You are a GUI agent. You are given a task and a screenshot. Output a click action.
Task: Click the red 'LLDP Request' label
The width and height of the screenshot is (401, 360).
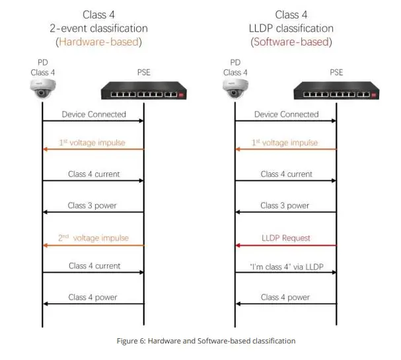click(x=286, y=237)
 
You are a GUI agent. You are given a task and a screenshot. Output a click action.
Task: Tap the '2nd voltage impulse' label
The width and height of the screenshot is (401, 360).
click(x=94, y=237)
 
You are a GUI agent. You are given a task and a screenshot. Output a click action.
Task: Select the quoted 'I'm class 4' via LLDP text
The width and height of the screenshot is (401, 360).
click(x=286, y=266)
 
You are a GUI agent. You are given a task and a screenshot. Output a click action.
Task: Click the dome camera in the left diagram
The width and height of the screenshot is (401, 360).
click(x=42, y=88)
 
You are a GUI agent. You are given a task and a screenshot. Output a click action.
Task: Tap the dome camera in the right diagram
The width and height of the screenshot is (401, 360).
click(x=235, y=88)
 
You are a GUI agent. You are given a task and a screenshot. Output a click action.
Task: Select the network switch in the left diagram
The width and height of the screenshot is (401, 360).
click(x=144, y=90)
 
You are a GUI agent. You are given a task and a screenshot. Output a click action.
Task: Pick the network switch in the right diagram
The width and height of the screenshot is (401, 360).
click(x=337, y=90)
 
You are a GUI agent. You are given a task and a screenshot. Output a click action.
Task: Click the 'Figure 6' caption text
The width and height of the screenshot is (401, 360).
click(x=200, y=341)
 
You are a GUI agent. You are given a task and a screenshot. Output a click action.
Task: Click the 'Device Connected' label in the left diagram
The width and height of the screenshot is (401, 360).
click(x=94, y=114)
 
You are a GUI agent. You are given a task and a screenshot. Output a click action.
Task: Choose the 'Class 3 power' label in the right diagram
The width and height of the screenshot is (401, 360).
click(x=286, y=205)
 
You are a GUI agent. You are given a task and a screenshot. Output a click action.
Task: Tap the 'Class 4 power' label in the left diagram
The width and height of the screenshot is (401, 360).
click(x=93, y=297)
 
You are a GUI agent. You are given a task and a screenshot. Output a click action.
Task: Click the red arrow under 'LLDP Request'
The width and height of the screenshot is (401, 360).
click(x=286, y=246)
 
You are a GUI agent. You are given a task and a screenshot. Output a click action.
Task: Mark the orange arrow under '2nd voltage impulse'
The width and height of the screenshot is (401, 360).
click(x=93, y=246)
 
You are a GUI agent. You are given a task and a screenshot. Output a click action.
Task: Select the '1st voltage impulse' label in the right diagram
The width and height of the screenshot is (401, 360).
click(x=286, y=143)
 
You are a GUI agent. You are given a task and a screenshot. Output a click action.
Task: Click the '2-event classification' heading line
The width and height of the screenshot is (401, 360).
click(x=98, y=28)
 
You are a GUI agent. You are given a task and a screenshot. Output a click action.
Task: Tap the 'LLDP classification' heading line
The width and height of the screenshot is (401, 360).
click(x=291, y=28)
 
